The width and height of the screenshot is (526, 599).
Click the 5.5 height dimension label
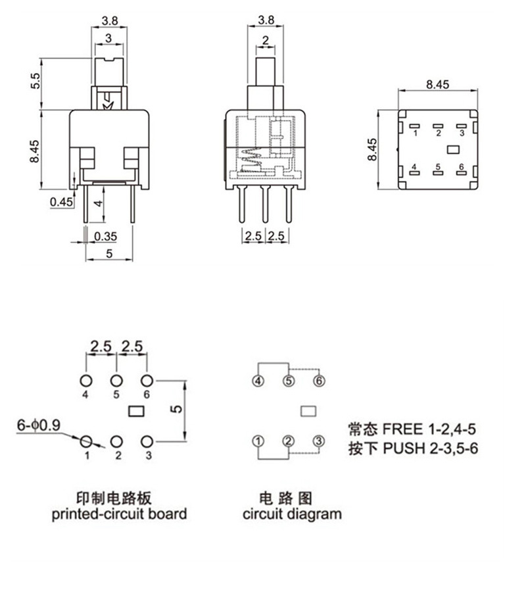click(x=36, y=82)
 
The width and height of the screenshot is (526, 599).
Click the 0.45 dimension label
click(x=61, y=202)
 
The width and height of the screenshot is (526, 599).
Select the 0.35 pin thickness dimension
click(x=105, y=236)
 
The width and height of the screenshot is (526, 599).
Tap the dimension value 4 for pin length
click(x=97, y=204)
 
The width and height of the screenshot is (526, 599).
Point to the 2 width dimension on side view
click(x=265, y=41)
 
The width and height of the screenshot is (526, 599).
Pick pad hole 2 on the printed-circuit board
click(x=116, y=441)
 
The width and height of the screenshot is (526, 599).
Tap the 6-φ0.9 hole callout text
click(x=39, y=425)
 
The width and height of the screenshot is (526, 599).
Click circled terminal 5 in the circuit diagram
click(x=289, y=381)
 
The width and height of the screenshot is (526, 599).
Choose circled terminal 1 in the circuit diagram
click(x=258, y=441)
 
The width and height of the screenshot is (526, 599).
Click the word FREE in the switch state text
click(x=403, y=430)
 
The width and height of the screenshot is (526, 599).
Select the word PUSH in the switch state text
click(x=404, y=450)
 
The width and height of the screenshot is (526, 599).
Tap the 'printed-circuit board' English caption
click(x=119, y=514)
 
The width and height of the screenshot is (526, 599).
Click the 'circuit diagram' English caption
click(x=292, y=514)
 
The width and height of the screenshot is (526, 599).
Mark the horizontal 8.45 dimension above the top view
click(x=437, y=84)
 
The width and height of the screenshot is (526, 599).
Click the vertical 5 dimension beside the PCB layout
click(x=176, y=409)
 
